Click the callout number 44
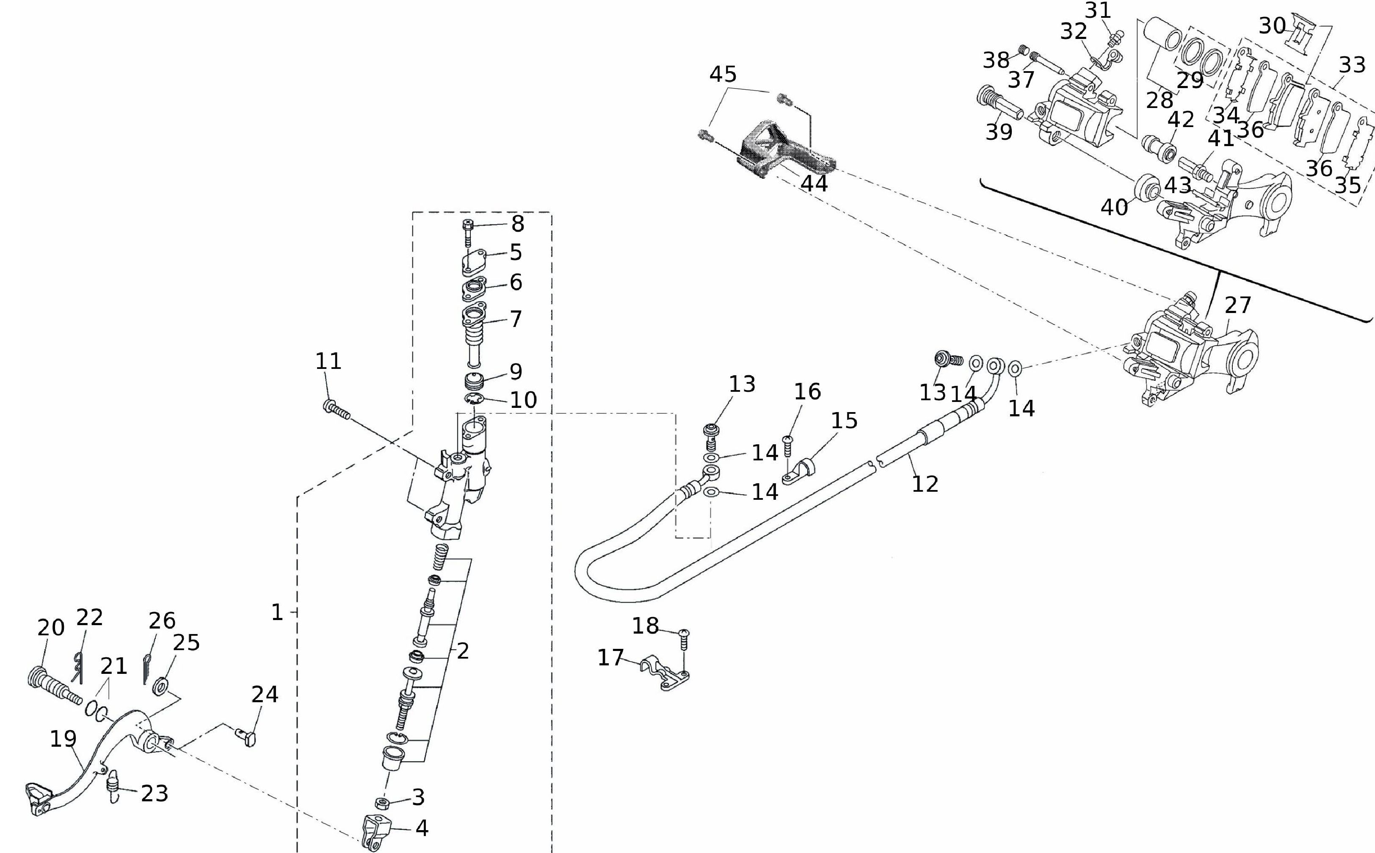coord(814,183)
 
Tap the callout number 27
coord(1238,305)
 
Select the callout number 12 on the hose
coord(925,484)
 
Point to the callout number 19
coord(63,739)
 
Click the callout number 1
coord(277,613)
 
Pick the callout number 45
coord(723,74)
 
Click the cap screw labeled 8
coord(467,231)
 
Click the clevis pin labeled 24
coord(246,736)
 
